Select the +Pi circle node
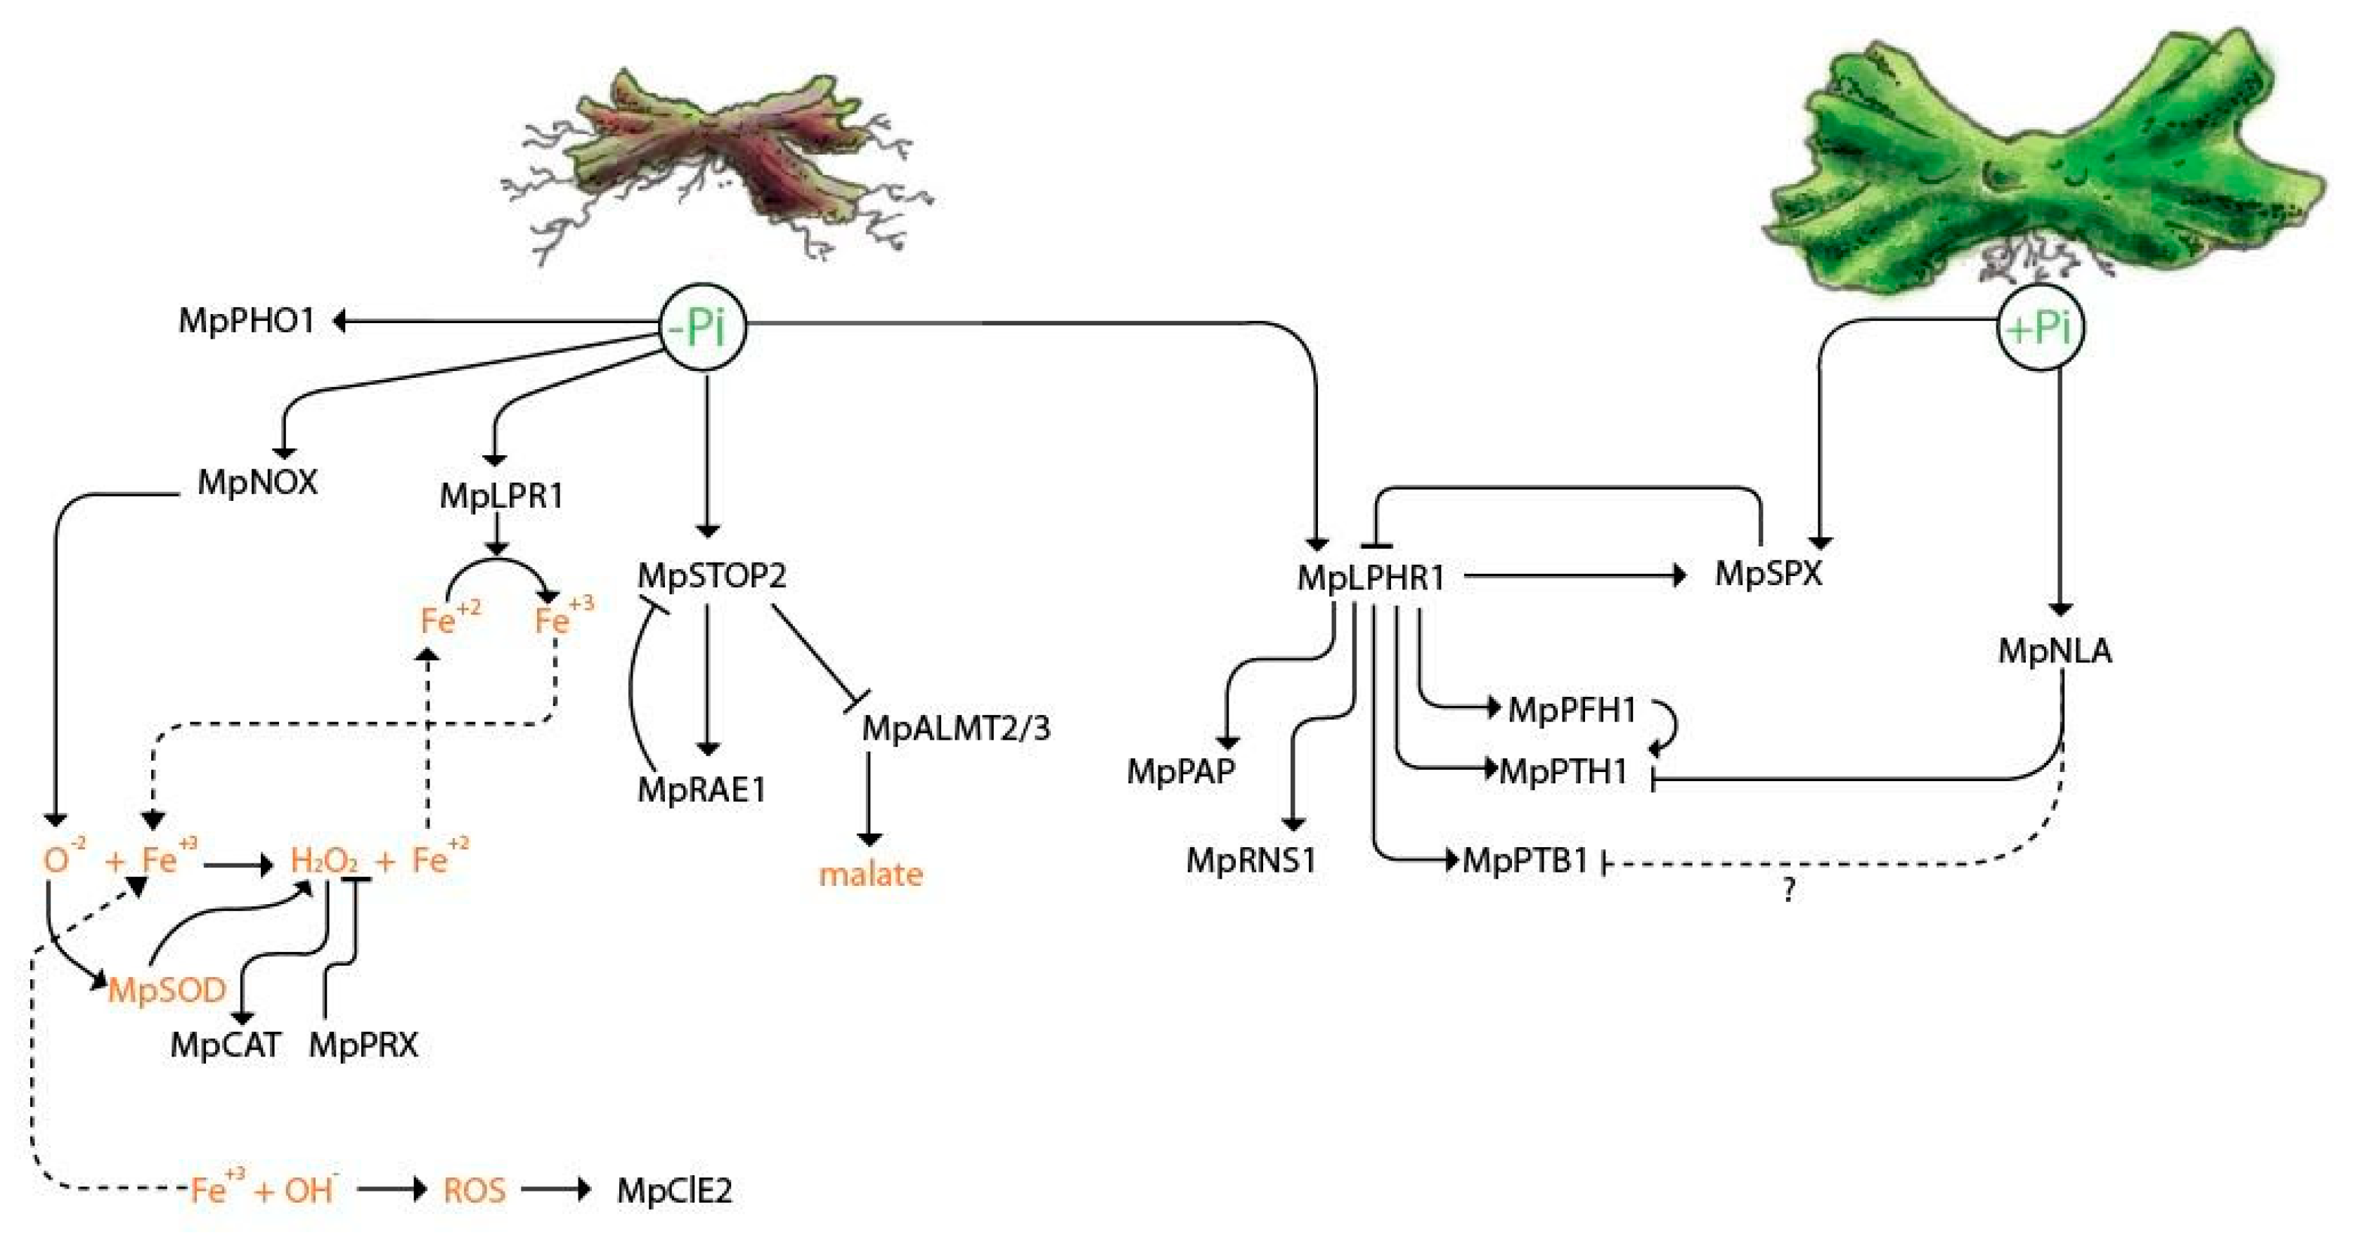(2041, 327)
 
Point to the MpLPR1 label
(501, 496)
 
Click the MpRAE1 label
(701, 790)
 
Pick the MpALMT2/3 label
(956, 728)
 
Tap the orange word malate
(870, 874)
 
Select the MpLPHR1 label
(1371, 577)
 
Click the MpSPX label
(1769, 574)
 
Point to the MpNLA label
(2055, 651)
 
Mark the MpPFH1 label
(1572, 710)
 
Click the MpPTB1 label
(1525, 861)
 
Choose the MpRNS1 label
(1251, 861)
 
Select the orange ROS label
(474, 1191)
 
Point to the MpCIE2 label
(674, 1191)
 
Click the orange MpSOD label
(167, 991)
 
